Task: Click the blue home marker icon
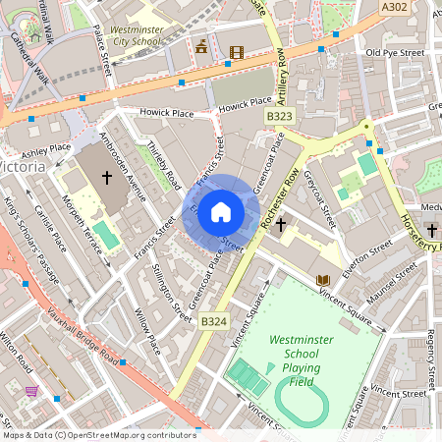coord(221,211)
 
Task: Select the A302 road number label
coord(395,6)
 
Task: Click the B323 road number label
coord(280,116)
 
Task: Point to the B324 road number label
coord(213,320)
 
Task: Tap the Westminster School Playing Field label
coord(310,359)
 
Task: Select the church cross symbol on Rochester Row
coord(280,225)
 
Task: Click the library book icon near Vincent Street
coord(322,281)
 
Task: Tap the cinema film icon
coord(235,51)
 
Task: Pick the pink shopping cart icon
coord(32,391)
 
